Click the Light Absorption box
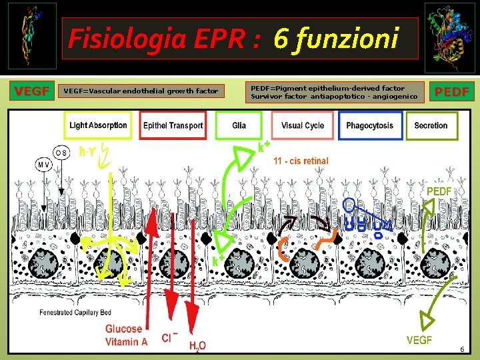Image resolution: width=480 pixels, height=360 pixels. [99, 125]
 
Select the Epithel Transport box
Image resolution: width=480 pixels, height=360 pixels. [173, 125]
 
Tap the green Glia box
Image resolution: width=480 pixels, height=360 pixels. [239, 125]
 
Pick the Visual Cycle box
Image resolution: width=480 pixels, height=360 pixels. [303, 125]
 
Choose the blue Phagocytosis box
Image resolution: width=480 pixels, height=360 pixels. [369, 125]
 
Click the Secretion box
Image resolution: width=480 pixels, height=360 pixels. [431, 125]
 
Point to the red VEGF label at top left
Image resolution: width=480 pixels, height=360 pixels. [32, 91]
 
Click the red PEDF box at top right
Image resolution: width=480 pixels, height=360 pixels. [451, 91]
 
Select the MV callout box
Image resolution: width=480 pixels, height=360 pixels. [43, 164]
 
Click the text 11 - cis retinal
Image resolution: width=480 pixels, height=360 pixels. [301, 161]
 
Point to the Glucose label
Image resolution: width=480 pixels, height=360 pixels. [123, 329]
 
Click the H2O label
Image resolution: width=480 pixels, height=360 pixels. [197, 345]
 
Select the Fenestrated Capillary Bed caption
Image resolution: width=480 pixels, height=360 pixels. [75, 312]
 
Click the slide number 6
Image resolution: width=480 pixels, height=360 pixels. [461, 349]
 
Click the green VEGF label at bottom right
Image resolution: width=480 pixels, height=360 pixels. [419, 340]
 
